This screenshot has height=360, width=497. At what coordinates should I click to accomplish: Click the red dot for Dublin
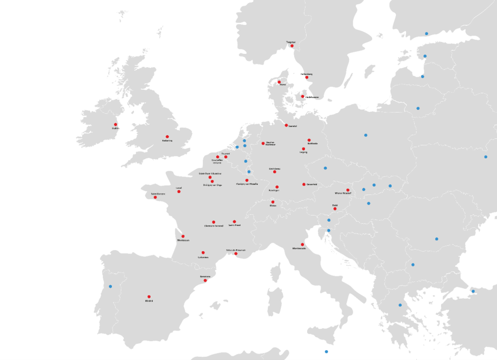pyautogui.click(x=115, y=124)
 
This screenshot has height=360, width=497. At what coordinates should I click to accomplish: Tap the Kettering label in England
pyautogui.click(x=167, y=140)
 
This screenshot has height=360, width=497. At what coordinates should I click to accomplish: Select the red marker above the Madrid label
pyautogui.click(x=149, y=297)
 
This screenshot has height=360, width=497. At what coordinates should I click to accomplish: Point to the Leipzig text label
pyautogui.click(x=303, y=152)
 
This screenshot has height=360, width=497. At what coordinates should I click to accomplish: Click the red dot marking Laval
pyautogui.click(x=179, y=192)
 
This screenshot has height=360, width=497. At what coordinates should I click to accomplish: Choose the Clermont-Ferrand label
pyautogui.click(x=214, y=225)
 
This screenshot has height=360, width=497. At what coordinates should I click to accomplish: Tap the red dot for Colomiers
pyautogui.click(x=203, y=252)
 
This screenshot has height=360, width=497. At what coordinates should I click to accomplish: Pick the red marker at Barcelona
pyautogui.click(x=205, y=280)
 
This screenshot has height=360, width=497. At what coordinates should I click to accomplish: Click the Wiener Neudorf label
pyautogui.click(x=343, y=193)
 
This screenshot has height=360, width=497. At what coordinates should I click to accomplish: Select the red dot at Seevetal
pyautogui.click(x=286, y=125)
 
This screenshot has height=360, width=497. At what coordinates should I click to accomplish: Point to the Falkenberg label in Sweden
pyautogui.click(x=307, y=74)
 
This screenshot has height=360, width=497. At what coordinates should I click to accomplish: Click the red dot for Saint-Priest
pyautogui.click(x=235, y=222)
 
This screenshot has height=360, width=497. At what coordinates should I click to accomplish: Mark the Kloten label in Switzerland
pyautogui.click(x=273, y=206)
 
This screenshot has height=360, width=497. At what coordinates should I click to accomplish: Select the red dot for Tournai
pyautogui.click(x=226, y=157)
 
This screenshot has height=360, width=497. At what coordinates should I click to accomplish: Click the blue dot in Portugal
pyautogui.click(x=110, y=286)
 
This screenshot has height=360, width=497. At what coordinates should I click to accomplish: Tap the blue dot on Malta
pyautogui.click(x=326, y=351)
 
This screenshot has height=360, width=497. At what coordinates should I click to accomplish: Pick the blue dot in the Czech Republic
pyautogui.click(x=325, y=168)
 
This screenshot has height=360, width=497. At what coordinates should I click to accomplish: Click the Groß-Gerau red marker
pyautogui.click(x=274, y=172)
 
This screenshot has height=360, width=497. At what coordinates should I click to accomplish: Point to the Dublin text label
pyautogui.click(x=115, y=128)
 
